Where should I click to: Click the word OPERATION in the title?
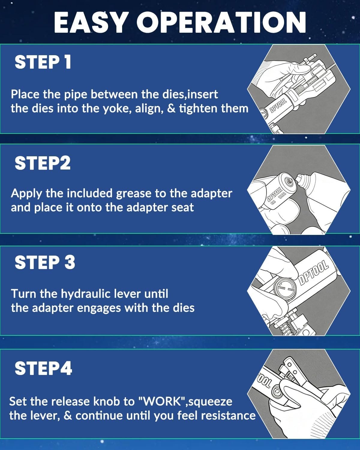coord(221,22)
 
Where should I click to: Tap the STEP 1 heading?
coord(43,62)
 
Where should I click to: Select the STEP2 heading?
coord(43,163)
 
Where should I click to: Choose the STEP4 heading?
coord(43,368)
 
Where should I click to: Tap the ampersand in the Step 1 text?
coord(172,109)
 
